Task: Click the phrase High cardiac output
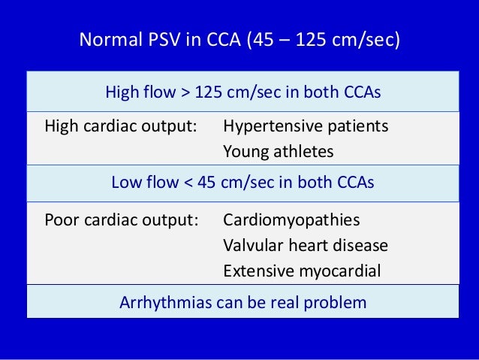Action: pos(120,126)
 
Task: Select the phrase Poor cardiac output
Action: pos(121,220)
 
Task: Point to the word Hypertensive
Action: pos(271,126)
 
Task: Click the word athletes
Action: pos(302,150)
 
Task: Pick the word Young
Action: pos(245,150)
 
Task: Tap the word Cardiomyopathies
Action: pos(291,220)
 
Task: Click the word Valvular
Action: pos(252,245)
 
